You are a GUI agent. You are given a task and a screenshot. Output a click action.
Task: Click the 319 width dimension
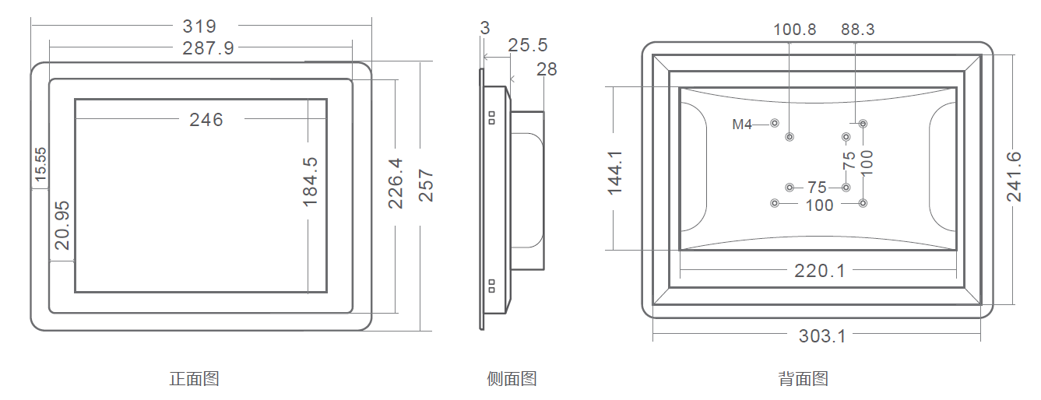click(x=199, y=26)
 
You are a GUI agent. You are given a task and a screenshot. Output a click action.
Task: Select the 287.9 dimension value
click(x=208, y=47)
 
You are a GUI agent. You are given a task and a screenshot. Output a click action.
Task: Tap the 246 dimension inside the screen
click(x=206, y=120)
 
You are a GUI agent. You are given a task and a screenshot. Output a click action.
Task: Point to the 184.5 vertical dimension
click(x=310, y=181)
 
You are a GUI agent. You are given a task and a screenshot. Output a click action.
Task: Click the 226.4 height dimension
click(x=396, y=184)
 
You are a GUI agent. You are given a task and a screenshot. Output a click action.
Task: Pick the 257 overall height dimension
click(x=426, y=185)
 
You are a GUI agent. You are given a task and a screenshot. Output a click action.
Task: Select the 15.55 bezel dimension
click(x=41, y=164)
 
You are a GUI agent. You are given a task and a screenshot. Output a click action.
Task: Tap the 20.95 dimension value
click(x=62, y=226)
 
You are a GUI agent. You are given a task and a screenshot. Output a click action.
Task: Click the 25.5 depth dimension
click(x=527, y=45)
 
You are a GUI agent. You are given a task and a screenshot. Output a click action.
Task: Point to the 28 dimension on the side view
click(x=547, y=69)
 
